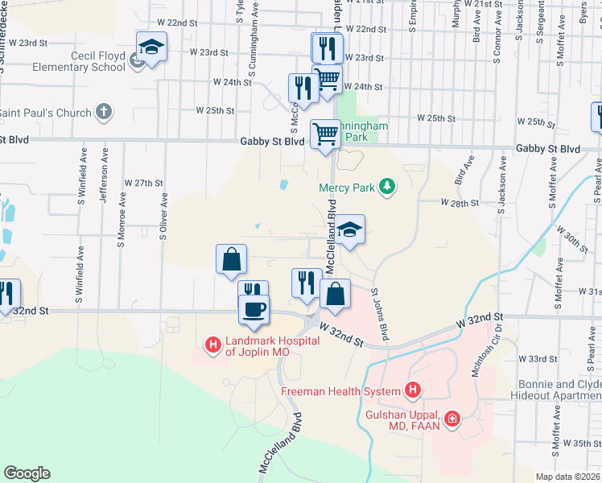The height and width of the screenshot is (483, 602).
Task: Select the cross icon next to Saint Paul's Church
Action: pyautogui.click(x=104, y=113)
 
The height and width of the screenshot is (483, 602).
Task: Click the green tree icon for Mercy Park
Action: pyautogui.click(x=388, y=188)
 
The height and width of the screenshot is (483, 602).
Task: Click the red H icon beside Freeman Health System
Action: pyautogui.click(x=412, y=392)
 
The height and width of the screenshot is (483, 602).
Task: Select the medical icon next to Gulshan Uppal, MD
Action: pyautogui.click(x=452, y=419)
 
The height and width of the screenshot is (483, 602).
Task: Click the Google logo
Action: pyautogui.click(x=27, y=473)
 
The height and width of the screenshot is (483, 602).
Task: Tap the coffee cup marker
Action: pyautogui.click(x=254, y=309)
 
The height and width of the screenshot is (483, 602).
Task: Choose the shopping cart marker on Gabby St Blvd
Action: pyautogui.click(x=325, y=134)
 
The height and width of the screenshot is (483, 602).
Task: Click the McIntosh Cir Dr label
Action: pyautogui.click(x=498, y=351)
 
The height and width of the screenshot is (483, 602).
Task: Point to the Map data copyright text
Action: pyautogui.click(x=568, y=477)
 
